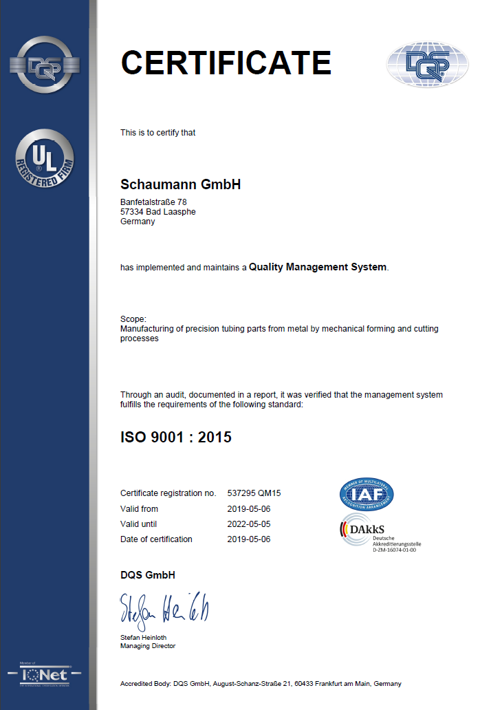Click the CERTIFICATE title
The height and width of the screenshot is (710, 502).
226,63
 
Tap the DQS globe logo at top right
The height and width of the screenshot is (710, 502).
428,65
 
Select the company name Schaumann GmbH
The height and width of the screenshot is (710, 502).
180,184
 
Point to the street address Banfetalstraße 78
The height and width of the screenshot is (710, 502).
153,202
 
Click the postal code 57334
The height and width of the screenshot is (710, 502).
131,212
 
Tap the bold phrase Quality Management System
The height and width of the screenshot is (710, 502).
318,267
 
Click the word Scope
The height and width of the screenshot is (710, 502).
132,319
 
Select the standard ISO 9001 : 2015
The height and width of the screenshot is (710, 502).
176,437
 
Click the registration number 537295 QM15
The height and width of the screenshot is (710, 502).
255,493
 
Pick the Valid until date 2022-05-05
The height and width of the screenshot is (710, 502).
248,524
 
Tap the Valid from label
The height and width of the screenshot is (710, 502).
139,509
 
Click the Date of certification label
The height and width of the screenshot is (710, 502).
156,539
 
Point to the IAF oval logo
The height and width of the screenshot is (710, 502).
367,494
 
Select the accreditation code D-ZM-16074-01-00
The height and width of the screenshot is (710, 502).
395,550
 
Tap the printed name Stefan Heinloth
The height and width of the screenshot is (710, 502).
143,638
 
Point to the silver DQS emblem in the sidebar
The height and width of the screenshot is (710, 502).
45,66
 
